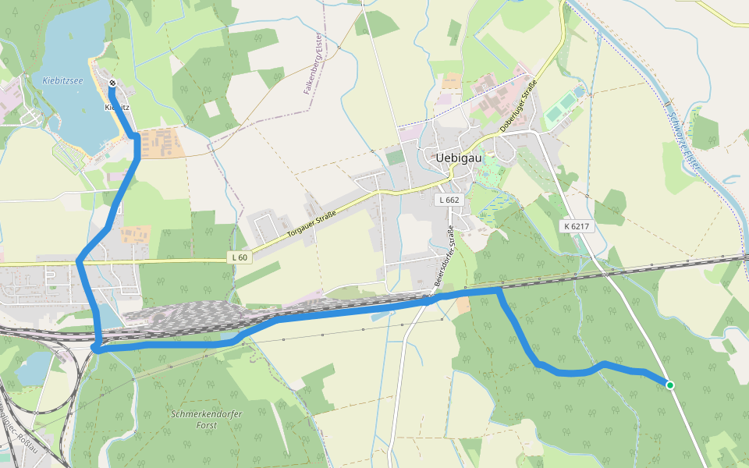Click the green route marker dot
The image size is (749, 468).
[669, 385]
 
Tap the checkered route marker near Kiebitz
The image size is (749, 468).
[112, 83]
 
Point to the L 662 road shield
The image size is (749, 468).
[449, 200]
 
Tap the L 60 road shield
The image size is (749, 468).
[240, 257]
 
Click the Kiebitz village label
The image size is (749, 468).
[117, 107]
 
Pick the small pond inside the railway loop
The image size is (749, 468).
[30, 367]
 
